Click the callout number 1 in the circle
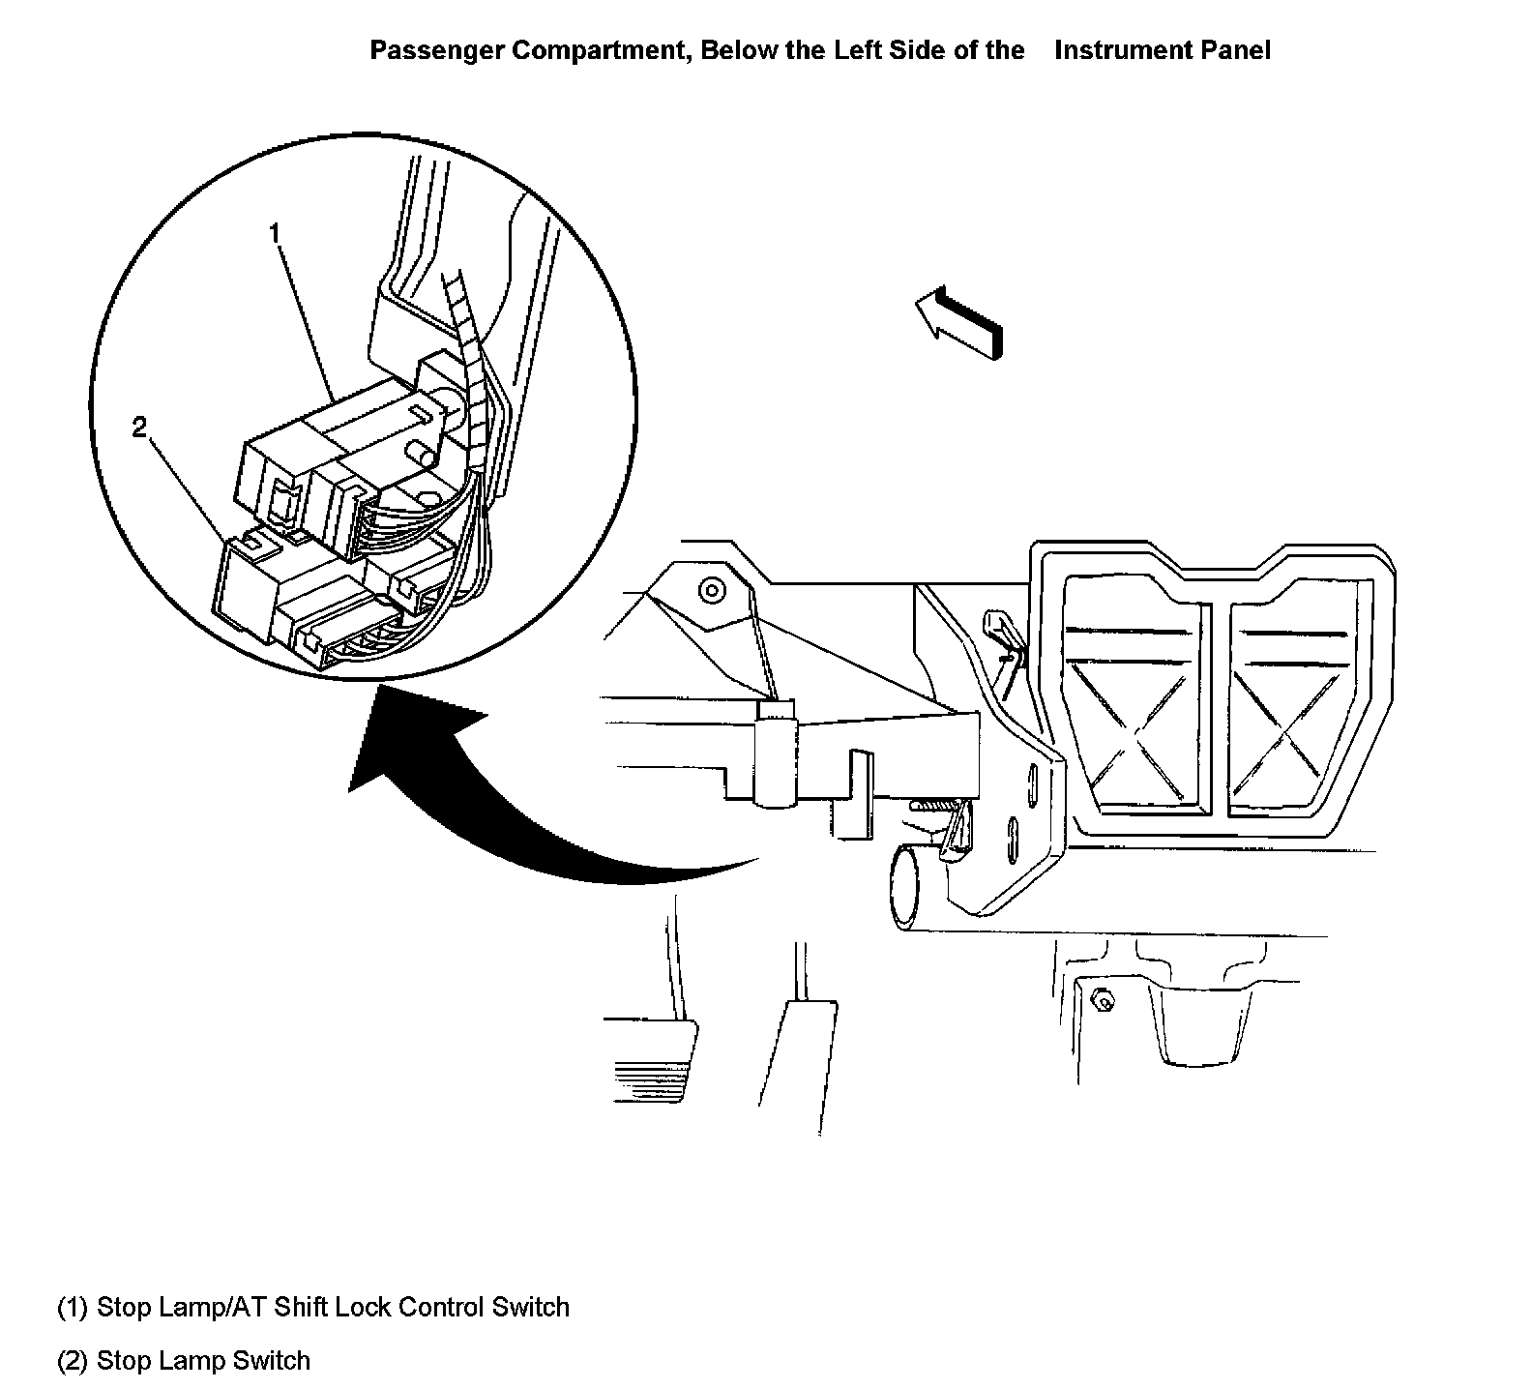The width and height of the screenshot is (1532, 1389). tap(275, 234)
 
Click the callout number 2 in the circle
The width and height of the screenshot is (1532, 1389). tap(140, 427)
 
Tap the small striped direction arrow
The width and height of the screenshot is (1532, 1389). tap(959, 323)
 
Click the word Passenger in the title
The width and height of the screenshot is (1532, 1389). tap(437, 50)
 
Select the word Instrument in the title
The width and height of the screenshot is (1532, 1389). tap(1123, 50)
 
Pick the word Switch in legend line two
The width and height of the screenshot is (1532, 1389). tap(276, 1361)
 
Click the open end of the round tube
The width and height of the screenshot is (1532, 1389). tap(905, 883)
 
